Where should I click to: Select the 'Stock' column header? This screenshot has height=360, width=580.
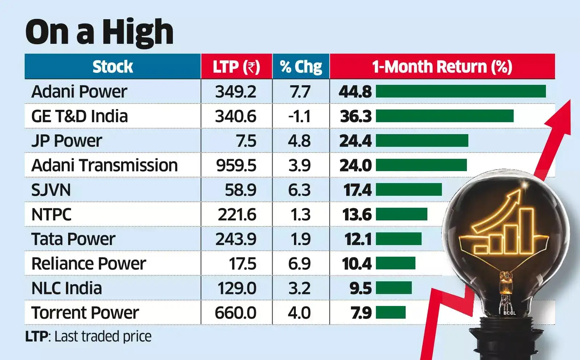point(112,67)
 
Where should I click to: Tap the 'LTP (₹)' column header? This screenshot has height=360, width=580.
point(236,67)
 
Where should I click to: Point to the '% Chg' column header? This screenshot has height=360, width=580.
point(301,67)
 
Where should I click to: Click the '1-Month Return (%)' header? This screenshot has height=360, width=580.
point(442,67)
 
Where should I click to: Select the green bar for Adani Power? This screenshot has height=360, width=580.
point(460,91)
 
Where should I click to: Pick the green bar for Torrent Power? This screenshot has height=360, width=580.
point(390,313)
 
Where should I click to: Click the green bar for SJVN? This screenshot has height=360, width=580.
point(409,190)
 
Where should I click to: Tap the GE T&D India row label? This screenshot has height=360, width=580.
point(79,116)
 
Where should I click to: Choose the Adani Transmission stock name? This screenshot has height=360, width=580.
point(104,165)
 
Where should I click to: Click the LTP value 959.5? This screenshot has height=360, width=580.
point(236,165)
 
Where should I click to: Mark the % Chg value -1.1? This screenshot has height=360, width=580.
point(299,116)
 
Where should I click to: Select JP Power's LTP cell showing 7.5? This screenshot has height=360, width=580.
point(246,141)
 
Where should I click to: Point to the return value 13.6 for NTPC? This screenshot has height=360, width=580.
point(357,215)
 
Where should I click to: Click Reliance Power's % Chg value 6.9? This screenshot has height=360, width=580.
point(299,264)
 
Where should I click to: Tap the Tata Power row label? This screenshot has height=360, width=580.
point(73,239)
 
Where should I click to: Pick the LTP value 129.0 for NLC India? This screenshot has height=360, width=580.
point(237,288)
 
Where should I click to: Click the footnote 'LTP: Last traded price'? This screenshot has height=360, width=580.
point(88,336)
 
